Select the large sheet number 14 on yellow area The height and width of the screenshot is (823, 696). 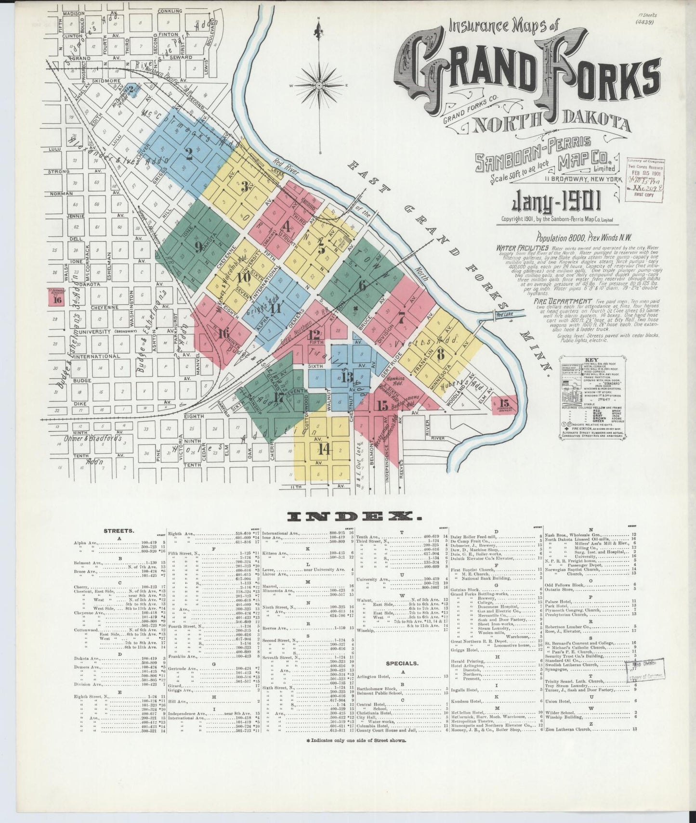pyautogui.click(x=325, y=450)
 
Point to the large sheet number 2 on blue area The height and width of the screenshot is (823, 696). pyautogui.click(x=189, y=154)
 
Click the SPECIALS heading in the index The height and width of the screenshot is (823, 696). pyautogui.click(x=401, y=663)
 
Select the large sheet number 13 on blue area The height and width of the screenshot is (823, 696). pyautogui.click(x=347, y=376)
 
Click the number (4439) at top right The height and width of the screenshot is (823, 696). pyautogui.click(x=643, y=22)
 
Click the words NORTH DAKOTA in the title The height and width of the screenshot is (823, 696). pyautogui.click(x=551, y=124)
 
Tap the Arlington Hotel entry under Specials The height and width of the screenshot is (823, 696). pyautogui.click(x=374, y=676)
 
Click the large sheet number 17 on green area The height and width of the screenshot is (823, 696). pyautogui.click(x=278, y=398)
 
